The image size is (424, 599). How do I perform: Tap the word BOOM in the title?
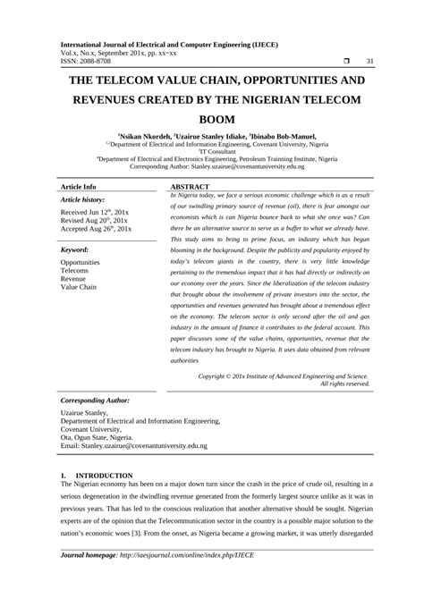[x=212, y=117]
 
